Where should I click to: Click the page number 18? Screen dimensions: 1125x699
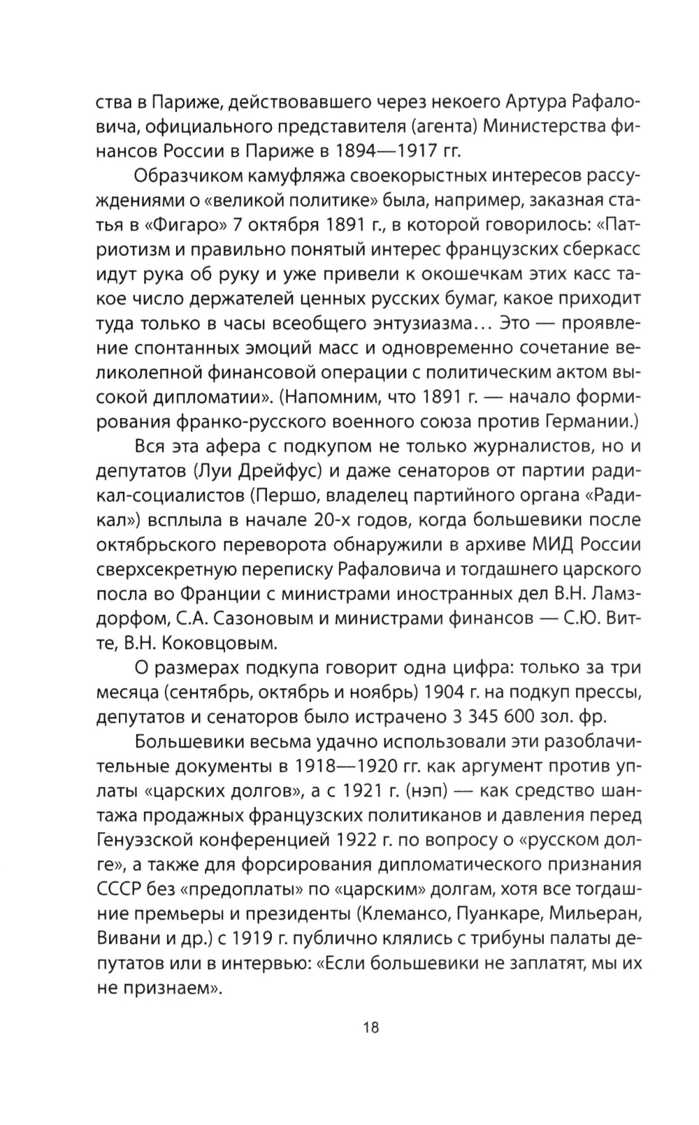point(370,1027)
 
